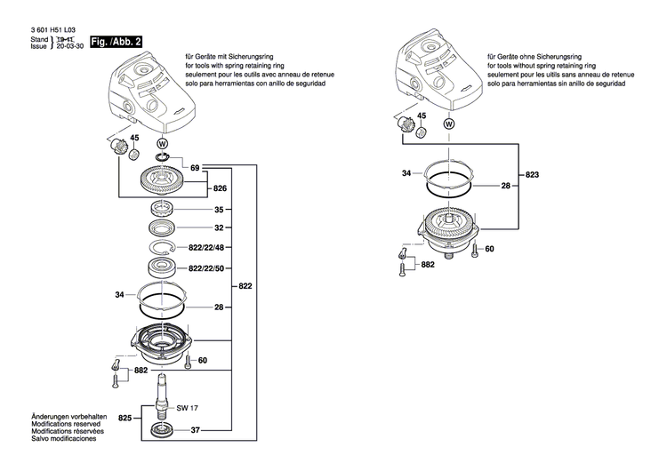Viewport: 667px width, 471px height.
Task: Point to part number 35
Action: [x=219, y=211]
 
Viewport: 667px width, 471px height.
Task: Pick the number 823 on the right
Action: [x=533, y=175]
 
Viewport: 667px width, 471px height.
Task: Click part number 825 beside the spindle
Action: [x=125, y=417]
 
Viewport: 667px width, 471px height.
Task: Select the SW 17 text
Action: [x=187, y=408]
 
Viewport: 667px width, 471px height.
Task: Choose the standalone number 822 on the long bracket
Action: [x=244, y=286]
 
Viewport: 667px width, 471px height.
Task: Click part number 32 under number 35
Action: [x=219, y=228]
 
